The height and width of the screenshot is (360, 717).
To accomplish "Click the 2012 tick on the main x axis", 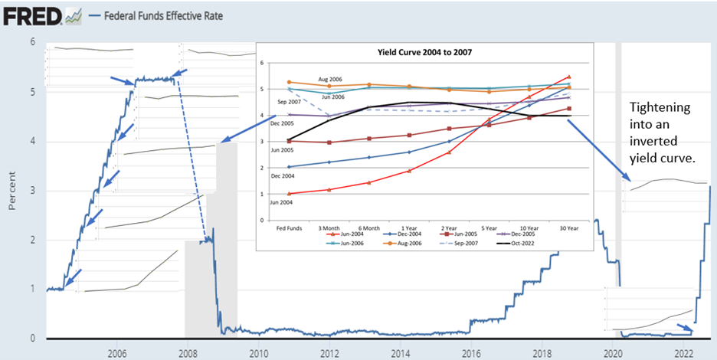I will (x=330, y=353).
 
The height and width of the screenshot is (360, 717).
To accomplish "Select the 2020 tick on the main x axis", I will (x=612, y=353).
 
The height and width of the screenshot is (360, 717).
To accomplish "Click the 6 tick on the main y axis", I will (x=31, y=41).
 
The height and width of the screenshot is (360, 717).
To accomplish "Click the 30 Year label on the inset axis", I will (x=570, y=227).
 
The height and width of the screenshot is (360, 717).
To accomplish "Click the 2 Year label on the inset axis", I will (x=449, y=227).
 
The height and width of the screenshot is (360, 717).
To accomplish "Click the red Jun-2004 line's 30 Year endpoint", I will (x=570, y=77).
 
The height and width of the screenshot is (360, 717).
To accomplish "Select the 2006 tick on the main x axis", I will (x=117, y=353).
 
